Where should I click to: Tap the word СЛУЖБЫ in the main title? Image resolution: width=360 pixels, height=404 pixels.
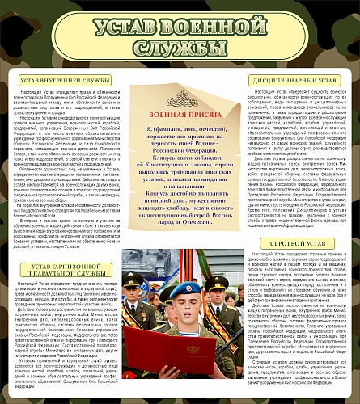(180, 51)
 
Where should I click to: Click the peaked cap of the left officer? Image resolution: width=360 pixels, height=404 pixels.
(133, 279)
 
